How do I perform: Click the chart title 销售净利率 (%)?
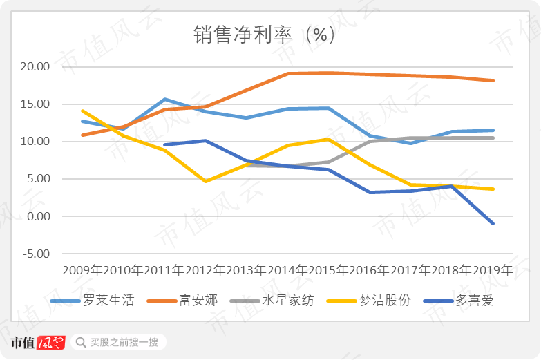(264, 35)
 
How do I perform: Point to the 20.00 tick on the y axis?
(35, 66)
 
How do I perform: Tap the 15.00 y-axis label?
(35, 104)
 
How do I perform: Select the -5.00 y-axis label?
(37, 254)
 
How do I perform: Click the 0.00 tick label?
(39, 216)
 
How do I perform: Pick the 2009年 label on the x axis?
(82, 270)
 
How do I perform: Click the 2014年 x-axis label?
(287, 270)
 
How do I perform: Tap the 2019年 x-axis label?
(493, 270)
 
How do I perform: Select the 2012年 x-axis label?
(206, 270)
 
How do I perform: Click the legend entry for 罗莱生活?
(92, 301)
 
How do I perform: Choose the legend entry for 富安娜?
(182, 301)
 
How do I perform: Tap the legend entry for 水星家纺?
(272, 301)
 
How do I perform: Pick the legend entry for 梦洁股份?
(368, 301)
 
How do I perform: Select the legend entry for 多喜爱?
(459, 301)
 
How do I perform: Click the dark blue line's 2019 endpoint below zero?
(493, 223)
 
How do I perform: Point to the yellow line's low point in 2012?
(206, 181)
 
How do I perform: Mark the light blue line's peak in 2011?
(165, 100)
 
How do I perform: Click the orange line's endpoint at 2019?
(493, 80)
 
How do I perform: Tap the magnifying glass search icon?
(81, 343)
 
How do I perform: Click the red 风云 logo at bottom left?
(51, 343)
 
